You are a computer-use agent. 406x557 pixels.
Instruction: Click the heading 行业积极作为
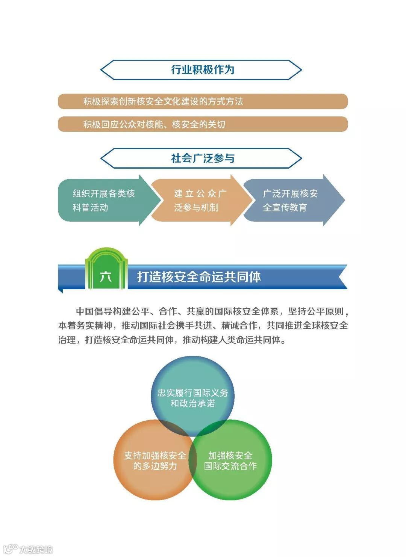click(203, 70)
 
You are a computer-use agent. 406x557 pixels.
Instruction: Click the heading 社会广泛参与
click(203, 158)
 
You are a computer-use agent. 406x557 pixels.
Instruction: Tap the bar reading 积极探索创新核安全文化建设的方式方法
click(203, 101)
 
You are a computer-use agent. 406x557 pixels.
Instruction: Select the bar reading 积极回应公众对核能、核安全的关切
click(203, 124)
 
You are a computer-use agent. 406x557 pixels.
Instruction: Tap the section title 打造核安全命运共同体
click(199, 277)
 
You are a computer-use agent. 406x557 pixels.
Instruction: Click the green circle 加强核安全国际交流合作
click(231, 460)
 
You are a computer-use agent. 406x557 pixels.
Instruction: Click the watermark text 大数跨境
click(36, 549)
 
